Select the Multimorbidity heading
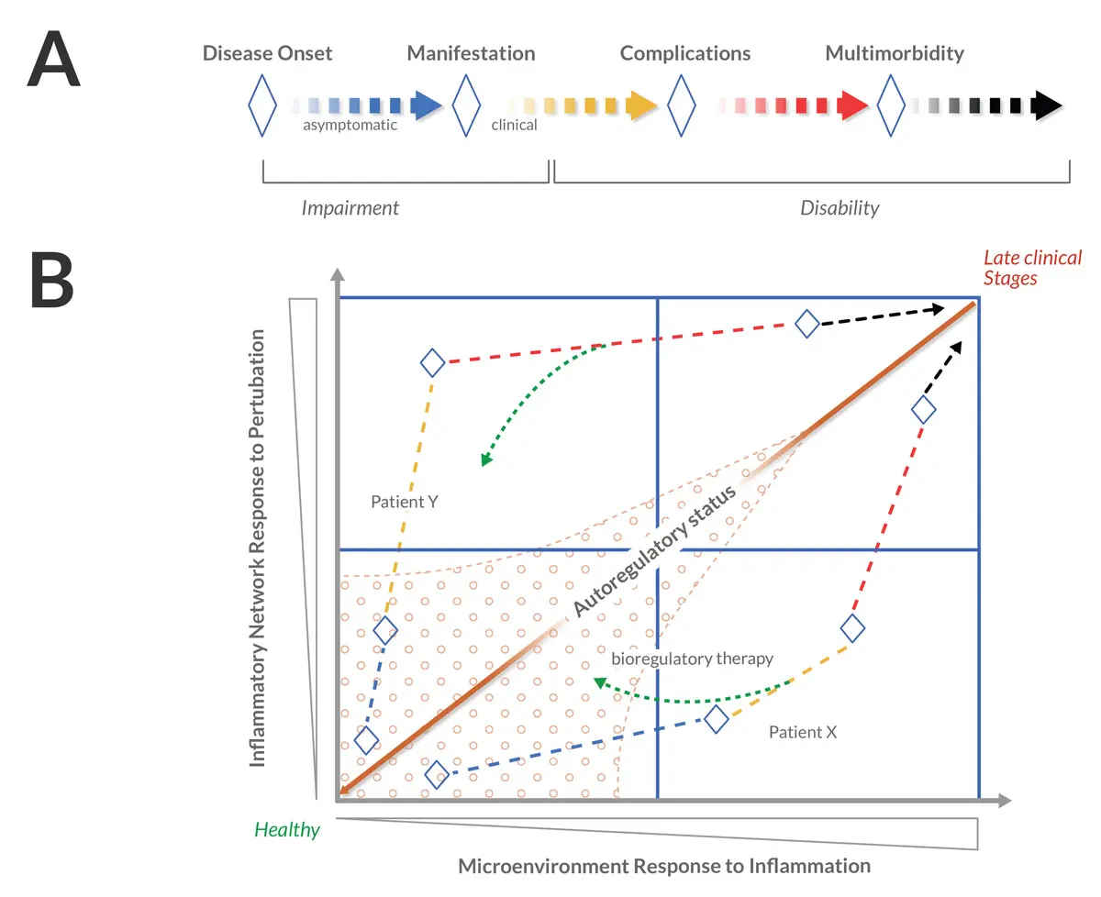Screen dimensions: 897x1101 [x=895, y=53]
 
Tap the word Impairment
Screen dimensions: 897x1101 [x=350, y=208]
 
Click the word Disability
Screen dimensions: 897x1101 [x=840, y=208]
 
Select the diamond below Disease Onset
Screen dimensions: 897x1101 [x=262, y=105]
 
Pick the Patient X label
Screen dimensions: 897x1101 [x=803, y=732]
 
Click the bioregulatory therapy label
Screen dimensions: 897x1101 [x=692, y=659]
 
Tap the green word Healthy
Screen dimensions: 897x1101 [x=287, y=831]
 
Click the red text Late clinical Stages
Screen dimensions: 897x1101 [x=1032, y=268]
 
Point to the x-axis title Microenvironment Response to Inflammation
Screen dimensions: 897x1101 [x=663, y=866]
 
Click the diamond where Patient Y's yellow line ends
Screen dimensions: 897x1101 [x=432, y=363]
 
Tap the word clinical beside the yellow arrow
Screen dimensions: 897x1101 [x=514, y=125]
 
